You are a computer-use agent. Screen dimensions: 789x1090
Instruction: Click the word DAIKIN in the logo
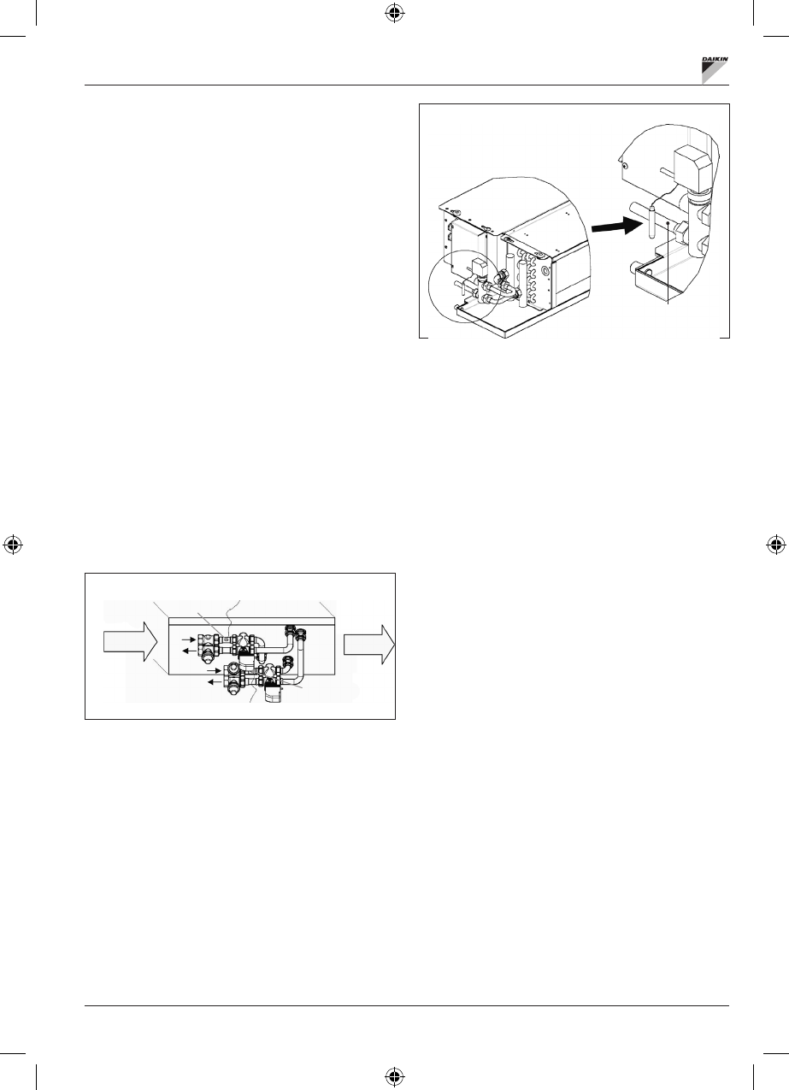(714, 60)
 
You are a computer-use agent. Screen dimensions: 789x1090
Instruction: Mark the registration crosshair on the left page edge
(13, 545)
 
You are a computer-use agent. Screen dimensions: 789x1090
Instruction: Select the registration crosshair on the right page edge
(774, 545)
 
